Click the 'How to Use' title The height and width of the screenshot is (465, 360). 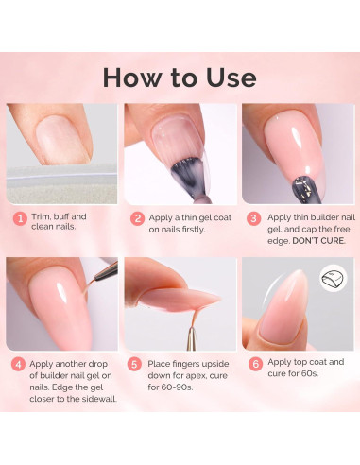[x=180, y=77]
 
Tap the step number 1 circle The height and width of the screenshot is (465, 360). [x=18, y=217]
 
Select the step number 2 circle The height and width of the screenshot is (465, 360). [x=137, y=218]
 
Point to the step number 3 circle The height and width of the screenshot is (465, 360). [x=253, y=218]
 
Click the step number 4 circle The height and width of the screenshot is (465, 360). [x=18, y=363]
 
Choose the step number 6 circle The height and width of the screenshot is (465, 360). [x=253, y=363]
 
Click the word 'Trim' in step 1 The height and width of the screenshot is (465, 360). [x=42, y=217]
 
